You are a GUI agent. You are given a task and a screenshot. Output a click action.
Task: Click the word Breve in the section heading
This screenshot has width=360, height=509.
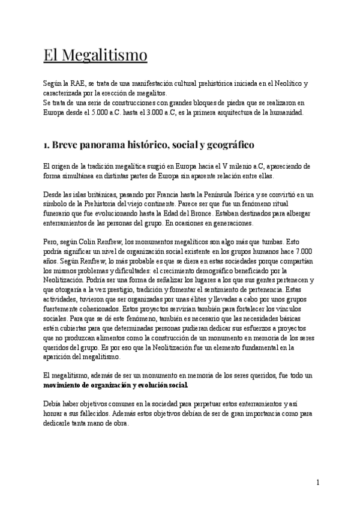(x=70, y=146)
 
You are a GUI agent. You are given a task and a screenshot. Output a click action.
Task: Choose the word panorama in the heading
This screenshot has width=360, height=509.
(x=114, y=146)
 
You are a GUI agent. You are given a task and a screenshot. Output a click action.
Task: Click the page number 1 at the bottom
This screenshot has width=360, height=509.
(x=318, y=483)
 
